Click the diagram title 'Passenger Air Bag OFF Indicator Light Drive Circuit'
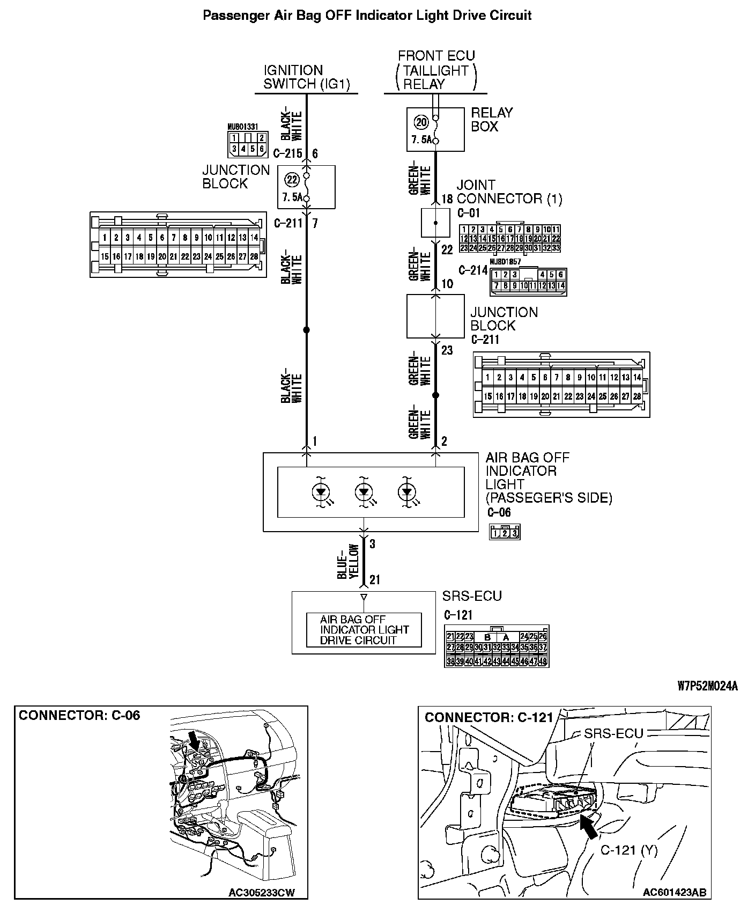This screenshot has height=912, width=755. pos(367,15)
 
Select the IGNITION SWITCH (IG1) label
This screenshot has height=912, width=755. pos(306,77)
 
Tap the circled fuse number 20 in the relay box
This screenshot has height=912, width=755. pos(421,122)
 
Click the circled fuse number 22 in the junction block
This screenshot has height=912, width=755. pos(292,180)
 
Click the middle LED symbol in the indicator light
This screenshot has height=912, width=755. pos(364,491)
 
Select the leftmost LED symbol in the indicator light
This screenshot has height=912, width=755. pos(321,491)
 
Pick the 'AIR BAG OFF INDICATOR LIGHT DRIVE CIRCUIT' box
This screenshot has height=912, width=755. pos(364,630)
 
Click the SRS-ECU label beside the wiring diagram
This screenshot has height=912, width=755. pos(472,596)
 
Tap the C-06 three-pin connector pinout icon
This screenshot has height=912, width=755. pos(505,532)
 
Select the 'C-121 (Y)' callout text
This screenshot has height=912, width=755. pos(628,850)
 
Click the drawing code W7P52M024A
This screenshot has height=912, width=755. pos(707,686)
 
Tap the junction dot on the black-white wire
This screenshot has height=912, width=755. pos(307,329)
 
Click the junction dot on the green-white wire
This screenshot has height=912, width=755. pos(435,395)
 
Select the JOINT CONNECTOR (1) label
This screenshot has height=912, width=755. pos(509,192)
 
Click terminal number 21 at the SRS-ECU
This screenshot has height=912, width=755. pos(374,580)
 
